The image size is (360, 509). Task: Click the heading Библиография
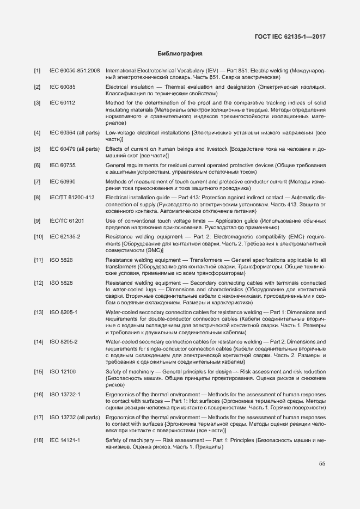[180, 54]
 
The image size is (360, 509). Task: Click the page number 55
[322, 464]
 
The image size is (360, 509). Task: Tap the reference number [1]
[37, 71]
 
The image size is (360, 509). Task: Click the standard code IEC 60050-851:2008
[75, 71]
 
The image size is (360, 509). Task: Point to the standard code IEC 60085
[63, 87]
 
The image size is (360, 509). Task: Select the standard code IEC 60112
[63, 102]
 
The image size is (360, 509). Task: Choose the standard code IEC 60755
[63, 164]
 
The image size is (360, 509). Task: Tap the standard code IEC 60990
[63, 181]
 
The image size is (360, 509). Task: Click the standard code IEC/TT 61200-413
[72, 197]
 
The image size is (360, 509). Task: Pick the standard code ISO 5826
[61, 260]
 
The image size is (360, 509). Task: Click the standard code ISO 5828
[61, 283]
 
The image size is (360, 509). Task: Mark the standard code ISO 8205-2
[64, 341]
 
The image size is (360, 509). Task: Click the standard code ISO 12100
[63, 371]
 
